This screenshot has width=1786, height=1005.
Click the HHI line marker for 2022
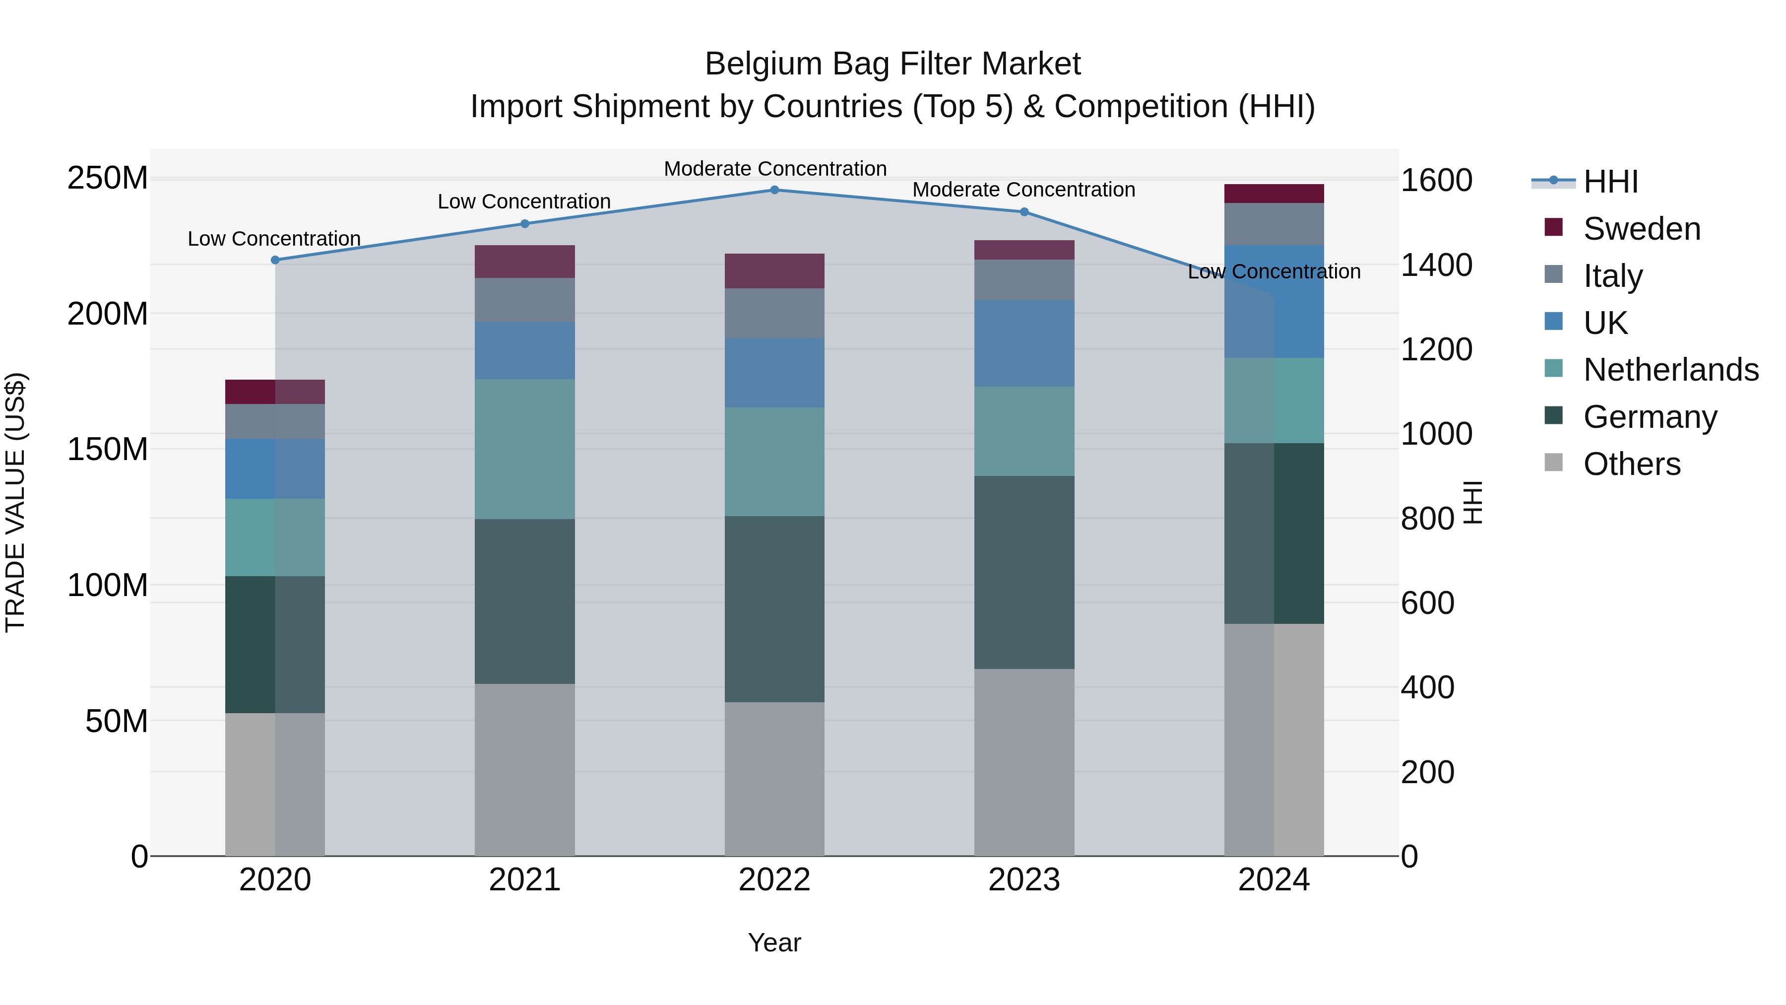(x=774, y=190)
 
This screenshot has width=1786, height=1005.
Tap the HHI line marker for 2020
(x=275, y=260)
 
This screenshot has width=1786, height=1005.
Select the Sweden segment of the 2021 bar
(x=525, y=262)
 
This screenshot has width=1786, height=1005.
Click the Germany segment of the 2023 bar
(x=1024, y=572)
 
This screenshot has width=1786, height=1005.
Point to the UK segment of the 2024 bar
(x=1275, y=302)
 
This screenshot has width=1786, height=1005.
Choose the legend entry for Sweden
(x=1641, y=229)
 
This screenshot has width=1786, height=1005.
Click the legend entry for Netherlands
(x=1670, y=370)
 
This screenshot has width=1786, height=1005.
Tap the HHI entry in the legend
(x=1610, y=182)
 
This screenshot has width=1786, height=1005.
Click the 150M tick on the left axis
(x=108, y=450)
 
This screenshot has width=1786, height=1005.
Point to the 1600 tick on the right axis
(x=1437, y=180)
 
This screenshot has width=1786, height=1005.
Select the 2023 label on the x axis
(x=1024, y=880)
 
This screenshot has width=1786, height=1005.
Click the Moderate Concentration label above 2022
(x=775, y=169)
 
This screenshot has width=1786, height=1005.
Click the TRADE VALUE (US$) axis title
(x=15, y=502)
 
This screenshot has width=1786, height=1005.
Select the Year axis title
(x=774, y=942)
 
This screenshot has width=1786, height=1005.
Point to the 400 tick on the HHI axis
(x=1427, y=687)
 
